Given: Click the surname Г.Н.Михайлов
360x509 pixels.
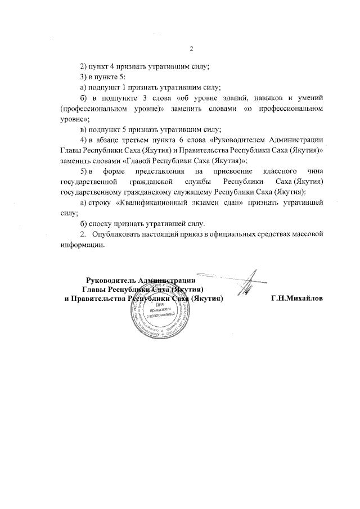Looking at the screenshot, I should point(297,298).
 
